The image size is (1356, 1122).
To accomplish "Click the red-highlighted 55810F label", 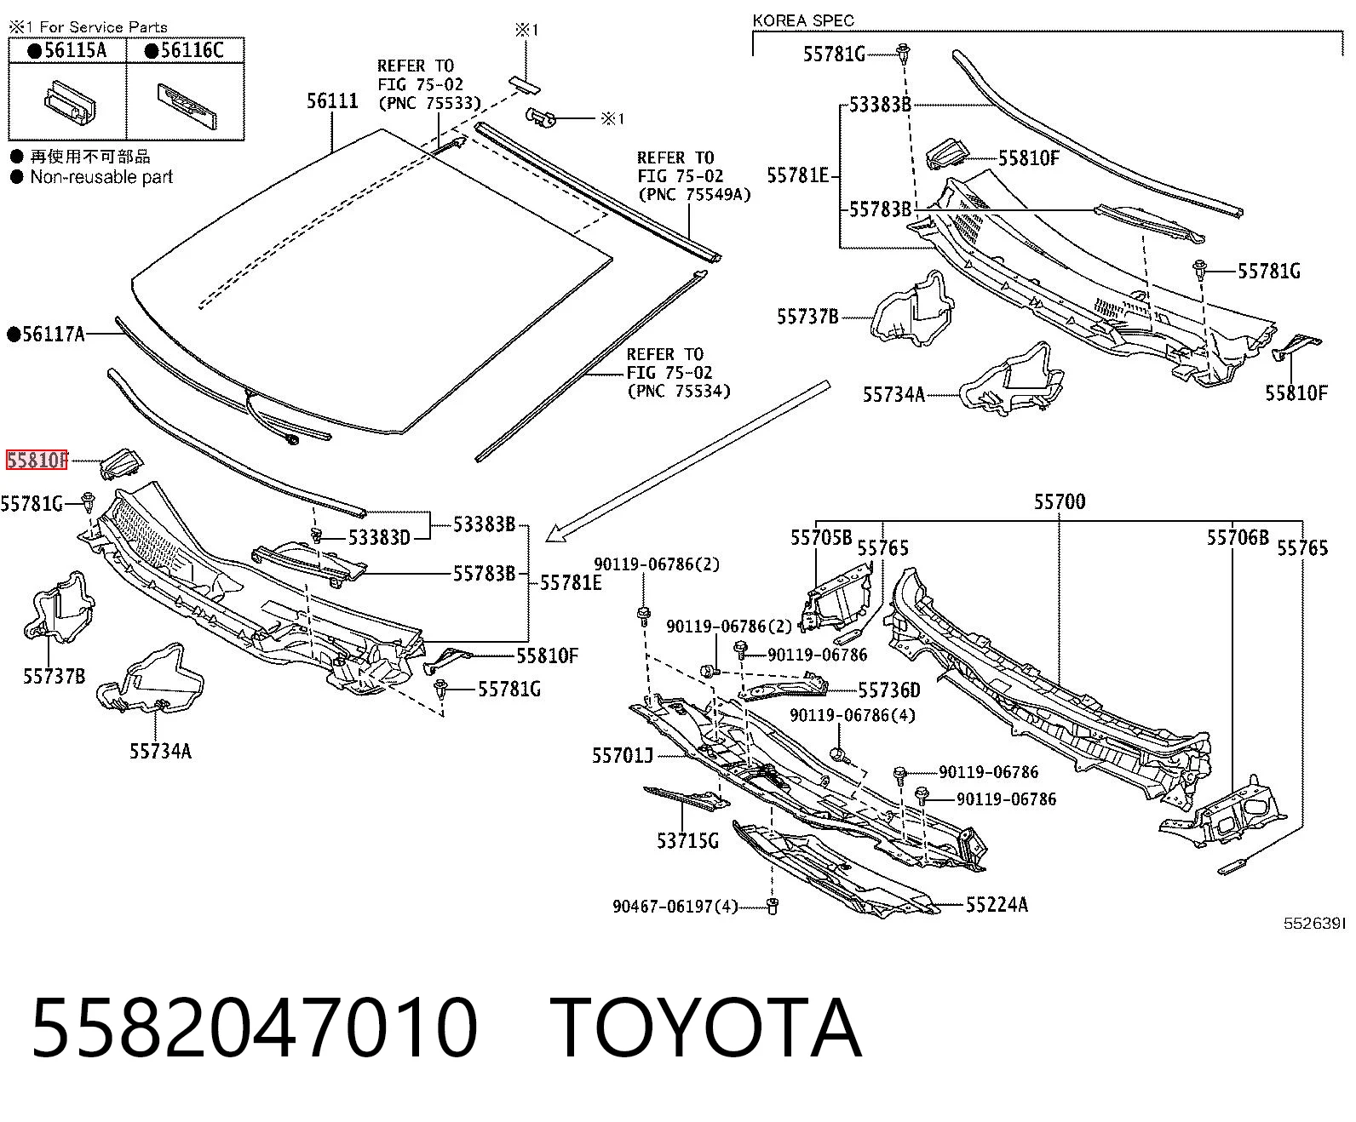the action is point(37,460).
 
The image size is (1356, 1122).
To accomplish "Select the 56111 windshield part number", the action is point(332,100).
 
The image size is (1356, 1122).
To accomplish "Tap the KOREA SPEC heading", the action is point(803,20).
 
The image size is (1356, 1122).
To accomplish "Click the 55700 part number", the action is point(1060,501).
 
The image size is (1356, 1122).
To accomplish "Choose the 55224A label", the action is point(997,904).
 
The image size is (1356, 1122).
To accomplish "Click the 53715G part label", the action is point(687,841).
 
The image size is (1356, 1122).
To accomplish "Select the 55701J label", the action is point(622,755).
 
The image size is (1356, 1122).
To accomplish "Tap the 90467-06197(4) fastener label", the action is point(675,906).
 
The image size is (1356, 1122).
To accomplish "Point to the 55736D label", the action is point(889,690).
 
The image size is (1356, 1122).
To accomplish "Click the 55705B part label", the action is point(821,538).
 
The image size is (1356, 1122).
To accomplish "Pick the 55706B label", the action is point(1238,538).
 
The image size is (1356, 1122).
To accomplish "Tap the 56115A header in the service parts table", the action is point(67,50).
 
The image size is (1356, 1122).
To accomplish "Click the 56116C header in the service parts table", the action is point(185,50).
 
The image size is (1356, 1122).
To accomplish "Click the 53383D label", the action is point(379,538).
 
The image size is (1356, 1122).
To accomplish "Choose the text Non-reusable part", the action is point(101,177).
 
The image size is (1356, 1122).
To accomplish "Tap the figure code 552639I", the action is point(1313,924).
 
